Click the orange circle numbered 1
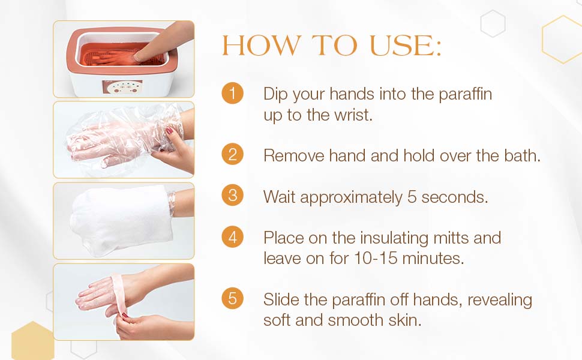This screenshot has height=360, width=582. [232, 94]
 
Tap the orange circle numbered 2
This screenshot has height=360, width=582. [232, 154]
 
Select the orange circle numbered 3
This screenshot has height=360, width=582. [232, 196]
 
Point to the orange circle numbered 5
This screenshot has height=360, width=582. [232, 298]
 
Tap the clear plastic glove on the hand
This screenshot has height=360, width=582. [111, 139]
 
